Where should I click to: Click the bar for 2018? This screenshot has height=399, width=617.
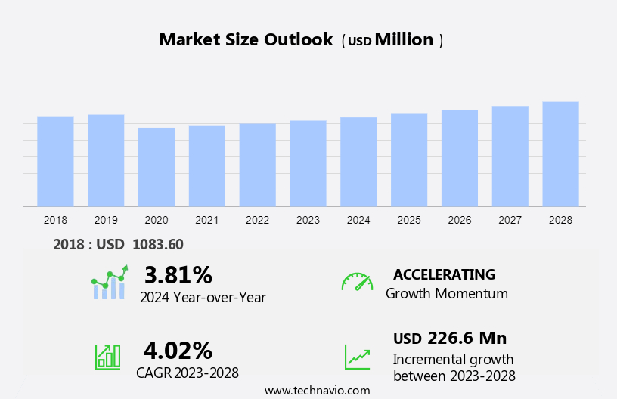(x=55, y=161)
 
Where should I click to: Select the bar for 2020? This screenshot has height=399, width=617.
(x=157, y=166)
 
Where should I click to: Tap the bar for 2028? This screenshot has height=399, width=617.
(x=560, y=153)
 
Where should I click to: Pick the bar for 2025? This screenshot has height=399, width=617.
(x=409, y=159)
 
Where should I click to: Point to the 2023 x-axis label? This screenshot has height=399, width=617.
(x=308, y=220)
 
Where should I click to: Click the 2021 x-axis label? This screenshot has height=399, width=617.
(x=206, y=220)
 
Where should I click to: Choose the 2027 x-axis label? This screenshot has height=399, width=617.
(x=510, y=220)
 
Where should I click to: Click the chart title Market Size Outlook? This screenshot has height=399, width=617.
(x=246, y=40)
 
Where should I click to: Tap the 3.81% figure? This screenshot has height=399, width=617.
(x=178, y=274)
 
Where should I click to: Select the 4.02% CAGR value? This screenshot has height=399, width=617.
(x=178, y=350)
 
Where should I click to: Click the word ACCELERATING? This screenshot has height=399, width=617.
(x=444, y=274)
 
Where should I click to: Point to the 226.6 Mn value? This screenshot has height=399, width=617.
(x=467, y=338)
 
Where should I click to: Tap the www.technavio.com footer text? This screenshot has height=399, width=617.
(x=317, y=391)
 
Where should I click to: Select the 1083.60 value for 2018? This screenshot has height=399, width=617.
(x=157, y=244)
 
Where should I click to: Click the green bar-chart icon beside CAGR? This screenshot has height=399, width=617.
(x=107, y=357)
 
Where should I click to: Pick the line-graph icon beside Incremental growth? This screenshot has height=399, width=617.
(x=357, y=357)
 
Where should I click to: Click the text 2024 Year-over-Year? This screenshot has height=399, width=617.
(x=203, y=298)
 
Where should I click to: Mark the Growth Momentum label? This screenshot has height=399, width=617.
(x=446, y=294)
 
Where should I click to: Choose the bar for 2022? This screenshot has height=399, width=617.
(x=257, y=165)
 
